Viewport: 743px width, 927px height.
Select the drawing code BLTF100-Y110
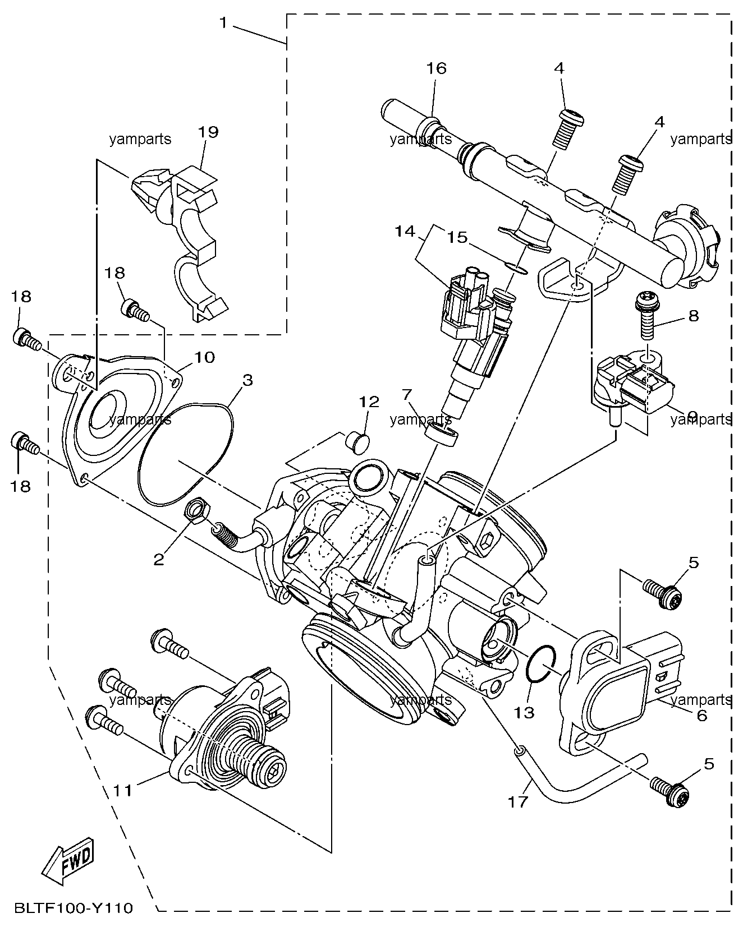click(74, 908)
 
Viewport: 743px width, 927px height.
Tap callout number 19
click(208, 132)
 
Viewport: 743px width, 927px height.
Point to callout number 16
click(436, 68)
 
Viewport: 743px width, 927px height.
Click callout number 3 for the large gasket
click(247, 381)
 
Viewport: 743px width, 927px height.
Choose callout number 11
click(123, 790)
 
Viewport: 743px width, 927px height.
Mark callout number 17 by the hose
click(519, 802)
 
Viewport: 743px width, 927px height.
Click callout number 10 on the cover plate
click(205, 357)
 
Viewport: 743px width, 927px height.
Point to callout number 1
click(224, 23)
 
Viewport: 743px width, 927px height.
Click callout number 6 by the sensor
click(701, 715)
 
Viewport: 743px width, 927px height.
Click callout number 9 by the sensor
click(692, 416)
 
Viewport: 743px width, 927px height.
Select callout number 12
click(369, 402)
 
